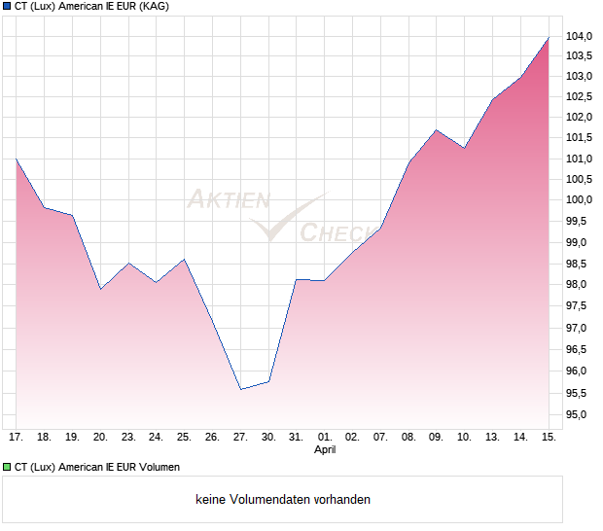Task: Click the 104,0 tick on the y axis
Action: (581, 36)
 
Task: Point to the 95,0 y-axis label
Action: (581, 415)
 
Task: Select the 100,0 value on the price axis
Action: (581, 199)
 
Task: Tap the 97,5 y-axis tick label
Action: (581, 306)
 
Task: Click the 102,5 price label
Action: (581, 96)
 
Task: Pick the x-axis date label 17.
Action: (16, 438)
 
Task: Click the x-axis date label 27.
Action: (240, 438)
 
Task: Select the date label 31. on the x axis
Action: (297, 438)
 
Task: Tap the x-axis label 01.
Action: (325, 438)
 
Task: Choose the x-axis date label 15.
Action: (549, 438)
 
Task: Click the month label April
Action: (325, 450)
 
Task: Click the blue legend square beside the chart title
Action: (7, 7)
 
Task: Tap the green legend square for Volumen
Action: (7, 468)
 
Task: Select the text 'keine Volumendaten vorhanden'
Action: (283, 500)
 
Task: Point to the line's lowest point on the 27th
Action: (240, 389)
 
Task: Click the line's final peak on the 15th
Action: (549, 37)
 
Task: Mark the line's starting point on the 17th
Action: (17, 159)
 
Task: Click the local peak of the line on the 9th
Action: (437, 129)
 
